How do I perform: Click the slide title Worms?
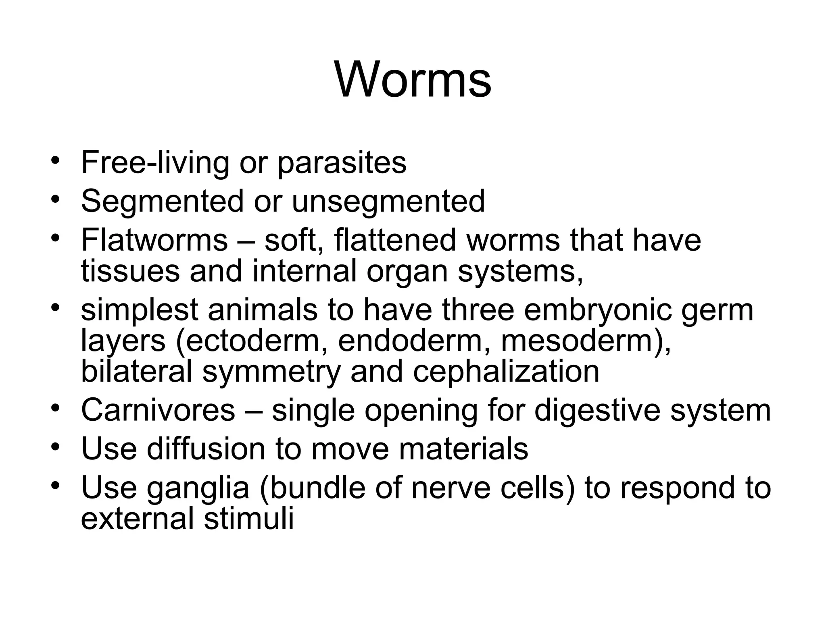click(x=413, y=79)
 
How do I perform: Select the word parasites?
click(x=342, y=163)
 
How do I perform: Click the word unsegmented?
click(x=388, y=201)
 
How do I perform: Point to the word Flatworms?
click(x=154, y=240)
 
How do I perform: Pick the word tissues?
click(x=130, y=271)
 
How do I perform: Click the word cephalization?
click(x=506, y=372)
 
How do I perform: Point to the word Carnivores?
click(x=158, y=410)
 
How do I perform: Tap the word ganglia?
click(x=198, y=488)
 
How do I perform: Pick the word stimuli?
click(x=248, y=519)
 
